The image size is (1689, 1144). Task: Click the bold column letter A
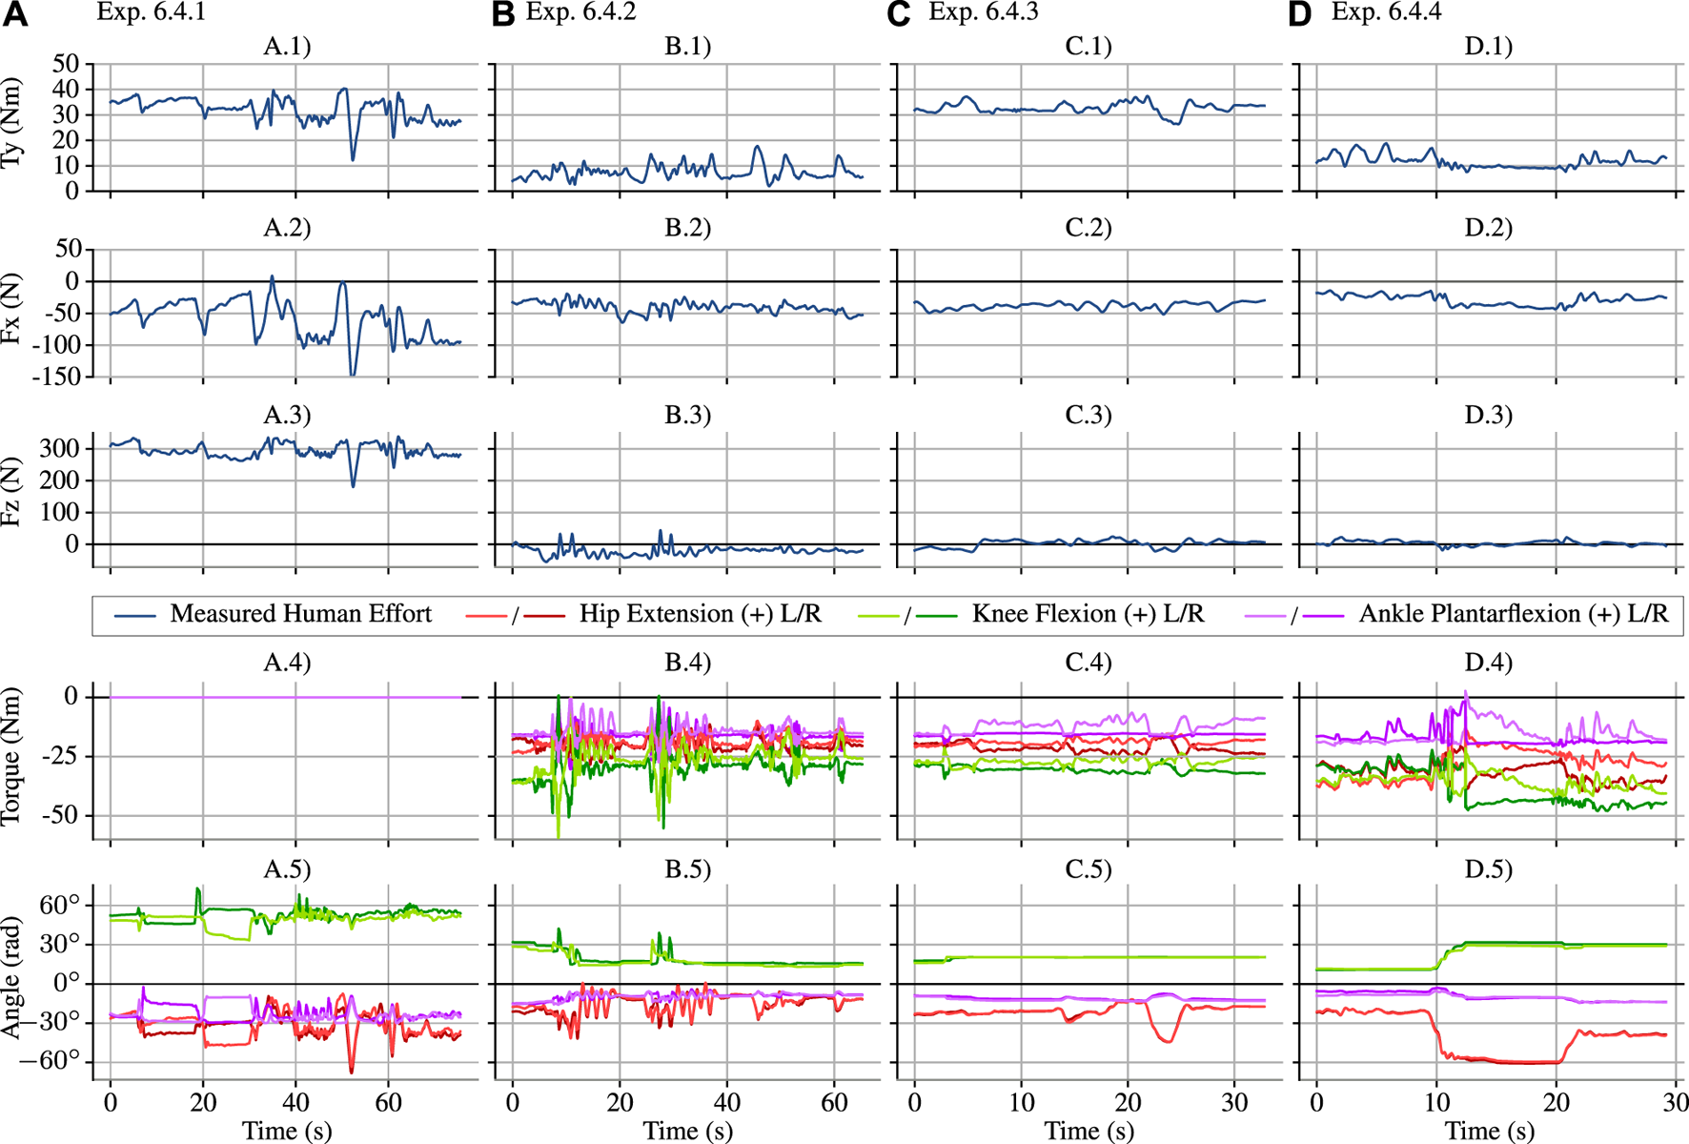coord(16,14)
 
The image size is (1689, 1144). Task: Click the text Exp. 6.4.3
coord(983,12)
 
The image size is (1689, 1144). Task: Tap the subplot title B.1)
coord(687,46)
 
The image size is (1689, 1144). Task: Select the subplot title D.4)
coord(1488,662)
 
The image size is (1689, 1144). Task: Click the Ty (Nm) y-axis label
coord(12,125)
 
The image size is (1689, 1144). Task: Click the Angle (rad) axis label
coord(12,979)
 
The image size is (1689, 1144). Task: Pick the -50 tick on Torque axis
coord(59,816)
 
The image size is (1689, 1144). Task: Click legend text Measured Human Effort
coord(300,614)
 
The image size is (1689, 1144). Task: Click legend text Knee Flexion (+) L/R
coord(1088,614)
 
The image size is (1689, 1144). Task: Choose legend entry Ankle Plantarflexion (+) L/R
coord(1514,614)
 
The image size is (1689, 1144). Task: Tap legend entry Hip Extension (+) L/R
coord(700,614)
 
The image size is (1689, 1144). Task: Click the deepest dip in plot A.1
coord(354,158)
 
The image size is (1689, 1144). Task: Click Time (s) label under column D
coord(1489,1131)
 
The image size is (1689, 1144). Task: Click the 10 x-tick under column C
coord(1022,1103)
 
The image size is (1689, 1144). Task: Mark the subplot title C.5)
coord(1088,868)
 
